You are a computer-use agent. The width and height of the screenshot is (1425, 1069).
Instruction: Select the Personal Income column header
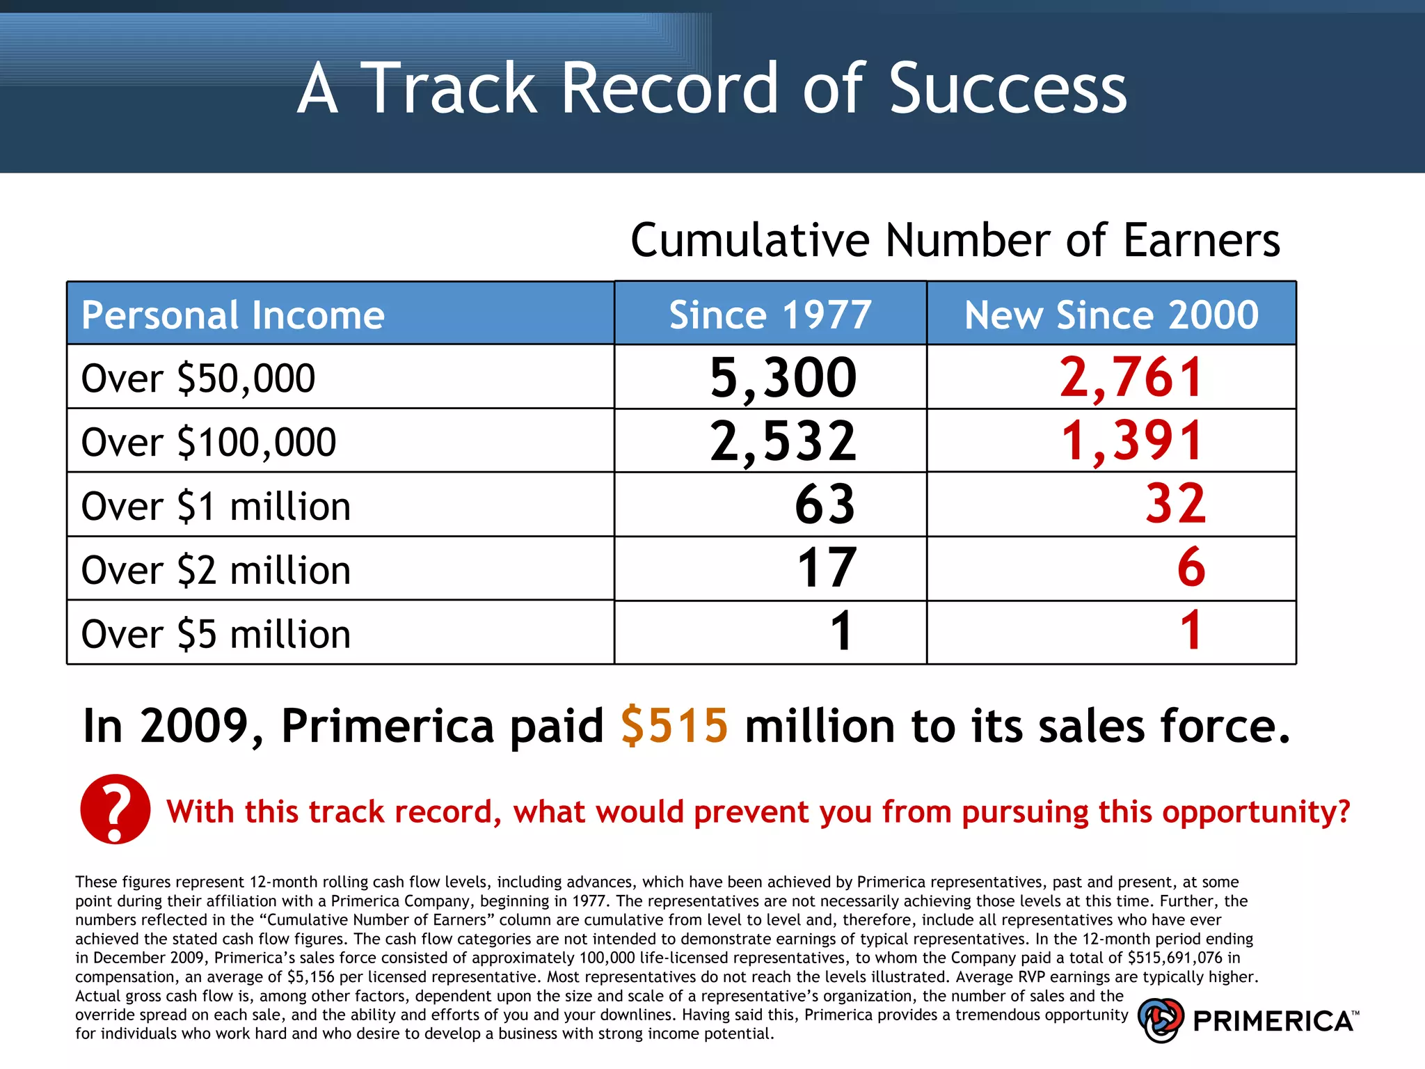pyautogui.click(x=232, y=315)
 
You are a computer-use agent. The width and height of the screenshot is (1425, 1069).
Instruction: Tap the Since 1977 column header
pyautogui.click(x=770, y=315)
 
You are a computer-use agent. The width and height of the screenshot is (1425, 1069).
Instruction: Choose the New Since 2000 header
pyautogui.click(x=1110, y=315)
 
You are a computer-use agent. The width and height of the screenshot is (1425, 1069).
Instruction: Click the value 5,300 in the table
pyautogui.click(x=783, y=378)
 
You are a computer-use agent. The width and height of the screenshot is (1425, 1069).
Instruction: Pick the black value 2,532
pyautogui.click(x=783, y=441)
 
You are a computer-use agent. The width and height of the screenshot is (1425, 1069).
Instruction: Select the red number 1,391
pyautogui.click(x=1131, y=441)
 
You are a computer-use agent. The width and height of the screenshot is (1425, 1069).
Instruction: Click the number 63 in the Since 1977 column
pyautogui.click(x=825, y=505)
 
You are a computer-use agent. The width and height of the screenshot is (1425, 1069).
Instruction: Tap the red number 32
pyautogui.click(x=1175, y=505)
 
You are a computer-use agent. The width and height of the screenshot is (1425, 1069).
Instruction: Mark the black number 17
pyautogui.click(x=826, y=569)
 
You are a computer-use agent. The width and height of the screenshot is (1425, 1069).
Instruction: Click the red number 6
pyautogui.click(x=1191, y=568)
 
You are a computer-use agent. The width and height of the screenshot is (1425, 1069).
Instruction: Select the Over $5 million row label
pyautogui.click(x=216, y=634)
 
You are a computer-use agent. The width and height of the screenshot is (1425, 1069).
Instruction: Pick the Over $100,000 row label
pyautogui.click(x=209, y=443)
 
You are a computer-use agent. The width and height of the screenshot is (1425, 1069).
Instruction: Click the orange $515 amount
pyautogui.click(x=674, y=726)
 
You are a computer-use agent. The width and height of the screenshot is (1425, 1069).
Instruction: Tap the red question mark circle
pyautogui.click(x=116, y=809)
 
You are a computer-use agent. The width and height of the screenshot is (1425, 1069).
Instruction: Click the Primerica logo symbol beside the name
pyautogui.click(x=1161, y=1020)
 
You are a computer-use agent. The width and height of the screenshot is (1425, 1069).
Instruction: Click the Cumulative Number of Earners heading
pyautogui.click(x=955, y=240)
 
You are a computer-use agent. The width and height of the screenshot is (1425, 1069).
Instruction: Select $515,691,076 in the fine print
pyautogui.click(x=1175, y=958)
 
